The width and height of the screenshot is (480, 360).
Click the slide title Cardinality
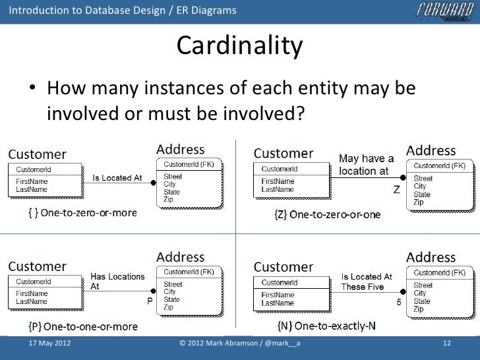coord(239,46)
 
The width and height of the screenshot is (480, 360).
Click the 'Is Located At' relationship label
coord(117,177)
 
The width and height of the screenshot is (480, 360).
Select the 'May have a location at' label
coord(366,165)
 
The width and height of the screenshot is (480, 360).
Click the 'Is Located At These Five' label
coord(367,282)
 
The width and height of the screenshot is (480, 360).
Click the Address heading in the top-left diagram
coord(180,150)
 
